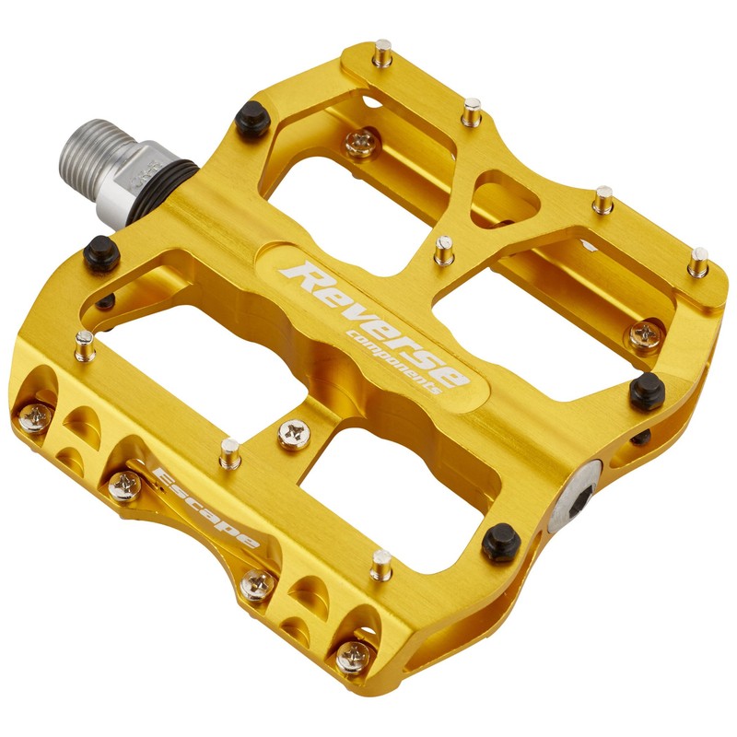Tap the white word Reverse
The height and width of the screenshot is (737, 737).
[x=378, y=318]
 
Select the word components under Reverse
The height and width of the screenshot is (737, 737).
[x=392, y=362]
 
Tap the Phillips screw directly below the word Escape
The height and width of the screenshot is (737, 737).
[x=257, y=582]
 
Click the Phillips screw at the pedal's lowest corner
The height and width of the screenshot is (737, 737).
[x=352, y=656]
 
